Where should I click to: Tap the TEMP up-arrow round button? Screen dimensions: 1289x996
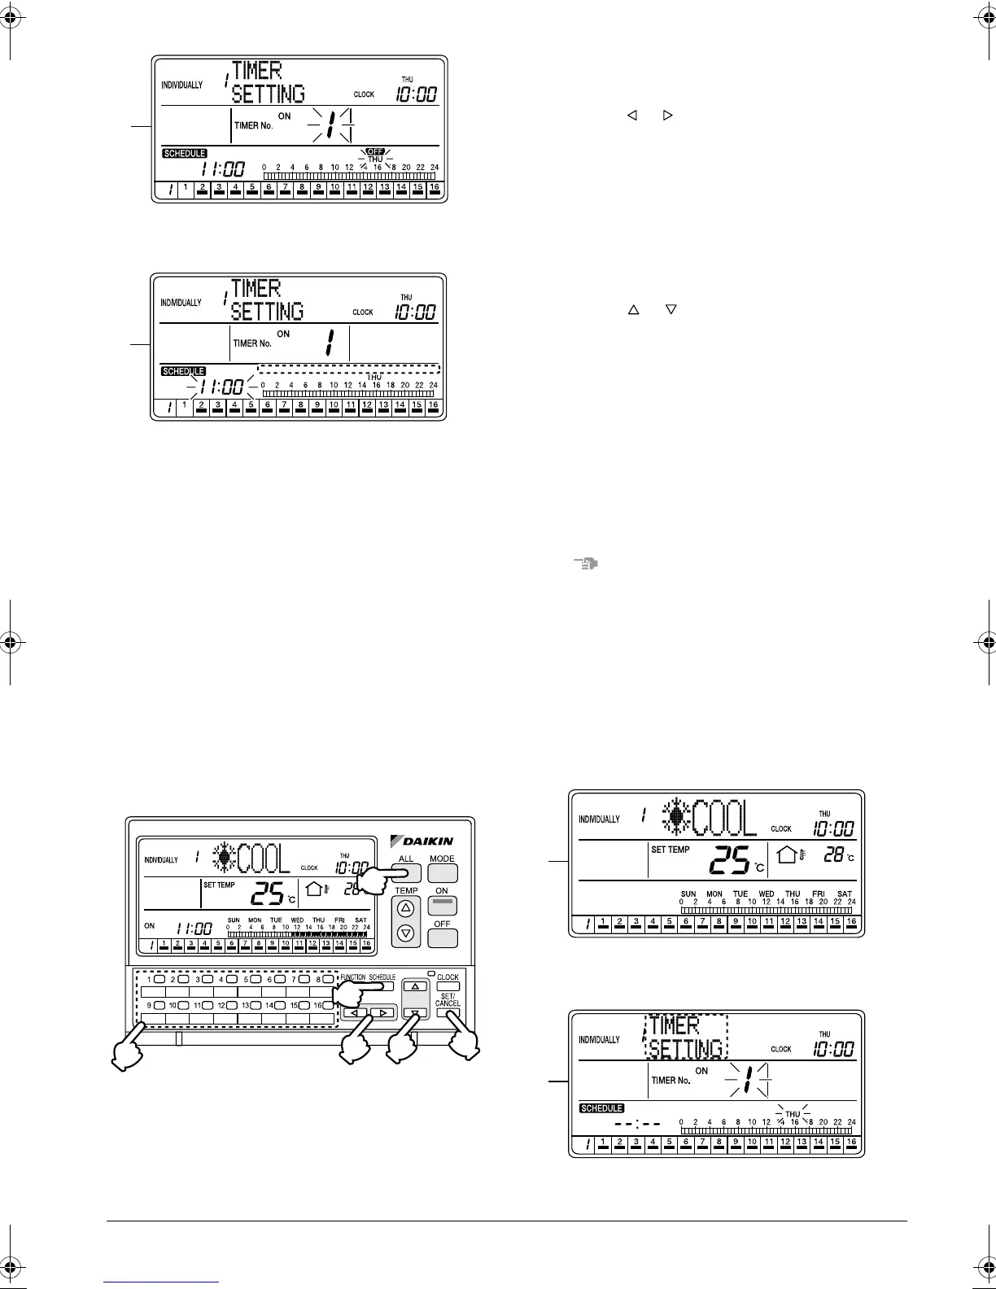(406, 908)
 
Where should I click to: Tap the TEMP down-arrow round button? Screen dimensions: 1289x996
(406, 933)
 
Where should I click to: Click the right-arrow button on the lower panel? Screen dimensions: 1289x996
(382, 1013)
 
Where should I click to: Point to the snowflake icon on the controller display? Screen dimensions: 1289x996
(225, 859)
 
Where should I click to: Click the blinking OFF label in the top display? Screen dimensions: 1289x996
(375, 151)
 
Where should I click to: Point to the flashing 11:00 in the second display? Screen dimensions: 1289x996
(222, 387)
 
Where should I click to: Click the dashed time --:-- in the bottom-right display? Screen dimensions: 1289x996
(637, 1124)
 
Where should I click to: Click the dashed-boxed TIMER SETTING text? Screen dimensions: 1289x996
(686, 1037)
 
